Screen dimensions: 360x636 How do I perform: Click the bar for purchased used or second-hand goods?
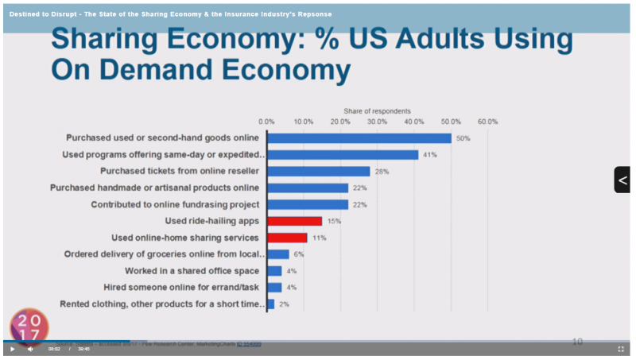click(359, 138)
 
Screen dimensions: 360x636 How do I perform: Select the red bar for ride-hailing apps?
click(294, 221)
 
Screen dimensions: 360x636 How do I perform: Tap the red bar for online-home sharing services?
click(287, 238)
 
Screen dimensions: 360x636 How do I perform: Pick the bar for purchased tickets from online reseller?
click(318, 171)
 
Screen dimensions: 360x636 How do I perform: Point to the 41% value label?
click(430, 155)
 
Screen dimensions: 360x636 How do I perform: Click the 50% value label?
click(463, 138)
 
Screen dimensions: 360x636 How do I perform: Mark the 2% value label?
click(283, 304)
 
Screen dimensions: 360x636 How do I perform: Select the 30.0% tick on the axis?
click(377, 122)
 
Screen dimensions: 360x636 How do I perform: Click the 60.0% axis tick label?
click(487, 122)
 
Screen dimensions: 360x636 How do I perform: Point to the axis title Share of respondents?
click(377, 110)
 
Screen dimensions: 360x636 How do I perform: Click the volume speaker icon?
click(30, 349)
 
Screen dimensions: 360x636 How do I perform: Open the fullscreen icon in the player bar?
click(621, 349)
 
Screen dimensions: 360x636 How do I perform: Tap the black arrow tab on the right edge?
click(622, 180)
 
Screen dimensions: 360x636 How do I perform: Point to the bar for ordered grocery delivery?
click(278, 254)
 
